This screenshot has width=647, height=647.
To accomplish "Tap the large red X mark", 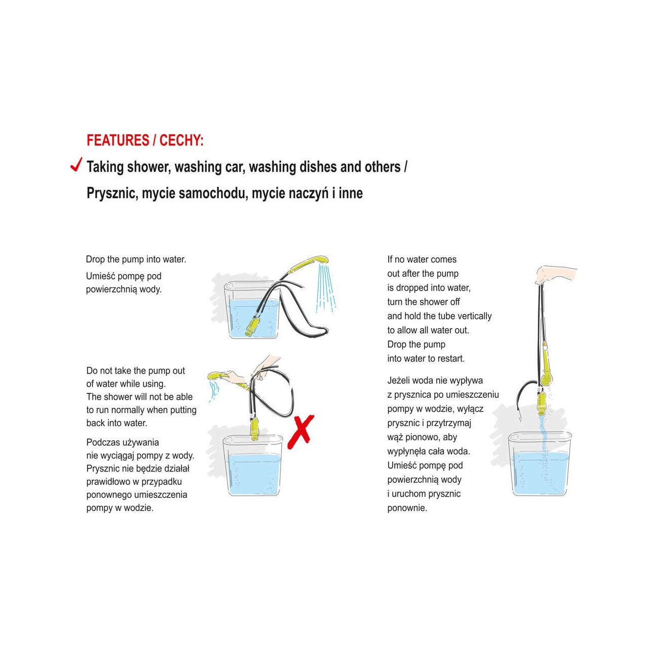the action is (300, 432).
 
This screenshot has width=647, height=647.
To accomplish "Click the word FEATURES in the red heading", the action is (118, 141).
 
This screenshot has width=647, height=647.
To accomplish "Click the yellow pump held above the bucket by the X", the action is (255, 429).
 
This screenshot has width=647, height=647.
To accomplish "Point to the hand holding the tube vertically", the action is (553, 274).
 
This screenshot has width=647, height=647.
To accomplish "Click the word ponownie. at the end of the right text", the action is (407, 508).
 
